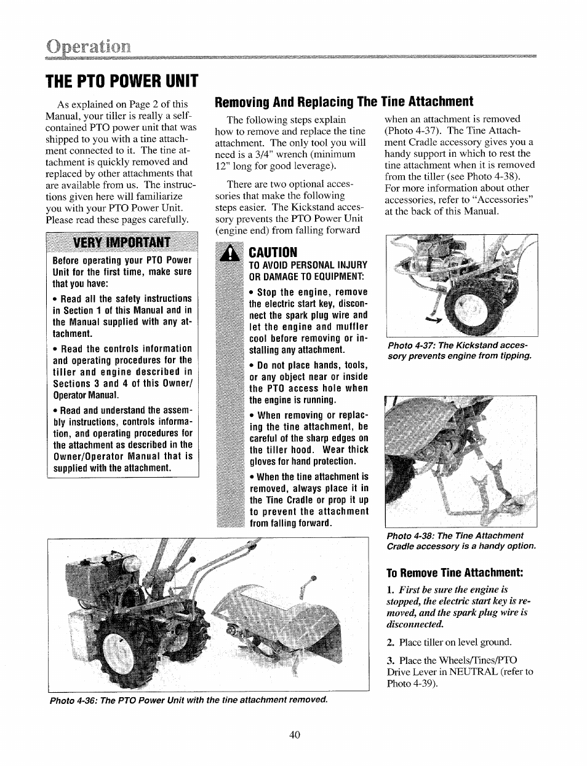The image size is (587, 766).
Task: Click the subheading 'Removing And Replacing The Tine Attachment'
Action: [343, 101]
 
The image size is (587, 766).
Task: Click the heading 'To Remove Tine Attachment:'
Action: [455, 573]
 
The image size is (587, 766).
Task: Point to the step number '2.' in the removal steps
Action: [391, 642]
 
